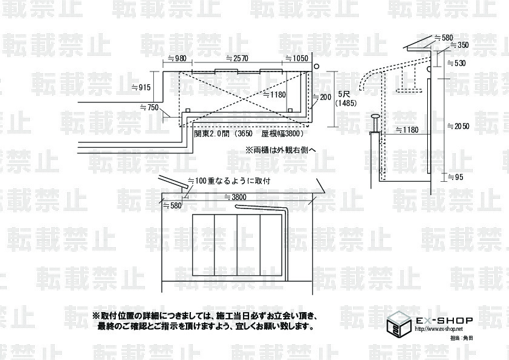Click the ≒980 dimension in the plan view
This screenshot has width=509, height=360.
click(176, 59)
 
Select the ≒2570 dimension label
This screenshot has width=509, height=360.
click(237, 59)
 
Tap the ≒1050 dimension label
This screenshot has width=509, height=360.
click(296, 59)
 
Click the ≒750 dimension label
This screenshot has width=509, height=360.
click(149, 107)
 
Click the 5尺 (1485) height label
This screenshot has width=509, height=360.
click(347, 99)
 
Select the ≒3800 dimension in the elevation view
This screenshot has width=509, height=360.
click(236, 197)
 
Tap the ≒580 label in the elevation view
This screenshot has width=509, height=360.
click(172, 206)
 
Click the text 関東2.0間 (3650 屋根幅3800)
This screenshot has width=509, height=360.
click(248, 133)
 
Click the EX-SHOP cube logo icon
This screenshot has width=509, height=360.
click(397, 325)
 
